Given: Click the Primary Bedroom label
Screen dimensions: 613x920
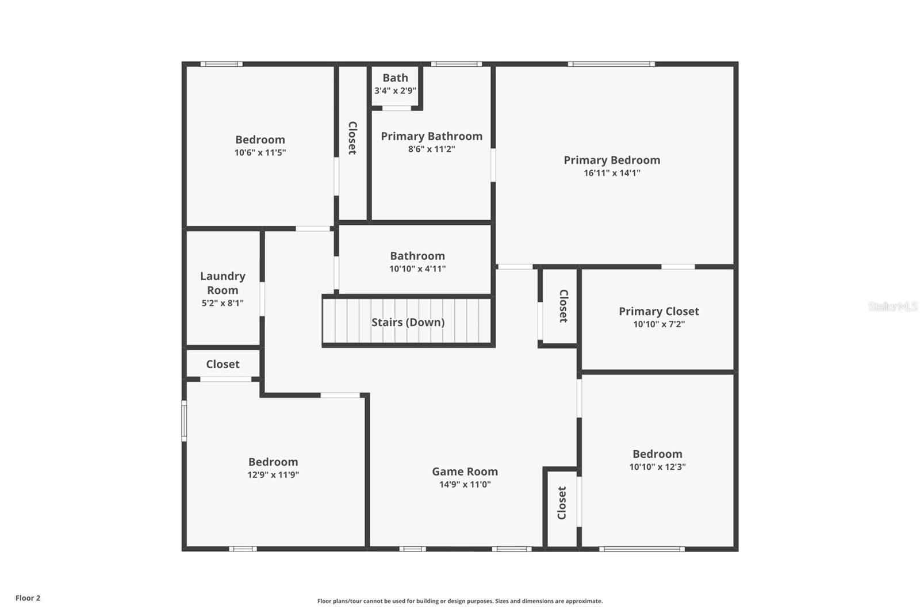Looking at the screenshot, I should (611, 160).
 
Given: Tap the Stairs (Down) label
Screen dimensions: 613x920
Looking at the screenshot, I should (408, 322).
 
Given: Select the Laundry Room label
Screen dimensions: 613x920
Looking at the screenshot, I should (223, 283).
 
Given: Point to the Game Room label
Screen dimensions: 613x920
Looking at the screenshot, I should (465, 472).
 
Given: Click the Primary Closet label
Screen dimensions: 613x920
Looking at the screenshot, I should (658, 311).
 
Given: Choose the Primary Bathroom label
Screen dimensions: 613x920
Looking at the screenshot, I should (431, 136).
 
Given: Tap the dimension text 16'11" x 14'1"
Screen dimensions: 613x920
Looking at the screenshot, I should (611, 173).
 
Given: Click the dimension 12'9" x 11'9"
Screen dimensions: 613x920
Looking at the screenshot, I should (273, 475).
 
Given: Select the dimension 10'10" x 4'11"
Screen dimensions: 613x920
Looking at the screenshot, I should (417, 269).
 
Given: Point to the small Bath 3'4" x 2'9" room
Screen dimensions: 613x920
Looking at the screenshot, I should (395, 84).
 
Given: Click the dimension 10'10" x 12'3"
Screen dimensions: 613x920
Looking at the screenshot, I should (657, 467).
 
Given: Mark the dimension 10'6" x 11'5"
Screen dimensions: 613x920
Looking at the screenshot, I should (260, 153).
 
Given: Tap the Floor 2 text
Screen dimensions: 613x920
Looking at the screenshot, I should (28, 598).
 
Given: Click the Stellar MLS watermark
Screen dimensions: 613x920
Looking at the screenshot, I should (892, 306).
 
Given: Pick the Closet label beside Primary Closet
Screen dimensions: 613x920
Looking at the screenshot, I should (563, 306).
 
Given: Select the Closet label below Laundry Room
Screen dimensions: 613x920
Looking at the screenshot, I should (223, 364).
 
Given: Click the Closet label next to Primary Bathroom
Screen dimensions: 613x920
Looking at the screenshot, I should (352, 138).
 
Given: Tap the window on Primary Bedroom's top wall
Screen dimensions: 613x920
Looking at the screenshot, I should (611, 64).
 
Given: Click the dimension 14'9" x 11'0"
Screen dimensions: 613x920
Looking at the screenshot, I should (465, 485).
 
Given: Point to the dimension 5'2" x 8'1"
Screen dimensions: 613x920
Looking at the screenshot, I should (223, 303).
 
